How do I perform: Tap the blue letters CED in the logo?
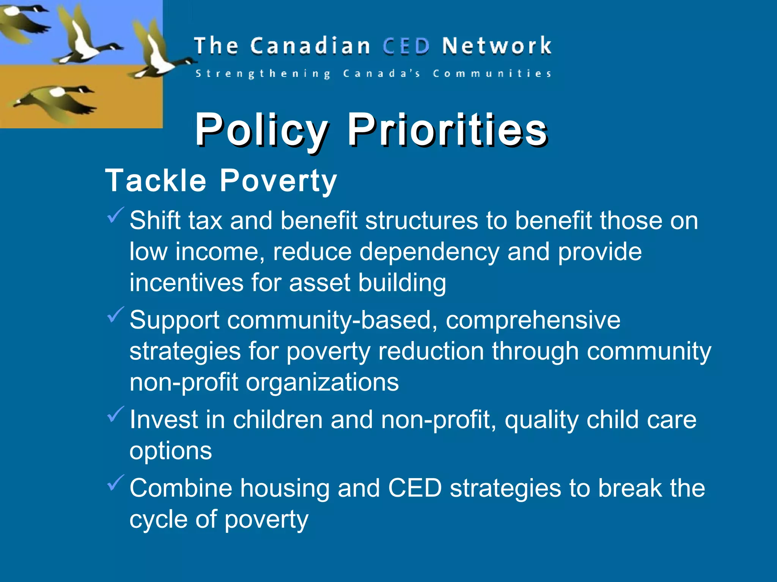406,46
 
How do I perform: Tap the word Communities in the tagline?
492,74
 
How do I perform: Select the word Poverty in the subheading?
278,181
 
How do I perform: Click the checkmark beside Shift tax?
115,215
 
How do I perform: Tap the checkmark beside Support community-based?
115,315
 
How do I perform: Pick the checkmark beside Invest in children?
115,414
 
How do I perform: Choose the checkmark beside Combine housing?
115,482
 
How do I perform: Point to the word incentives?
186,283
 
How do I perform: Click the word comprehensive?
533,321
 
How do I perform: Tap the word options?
170,451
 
